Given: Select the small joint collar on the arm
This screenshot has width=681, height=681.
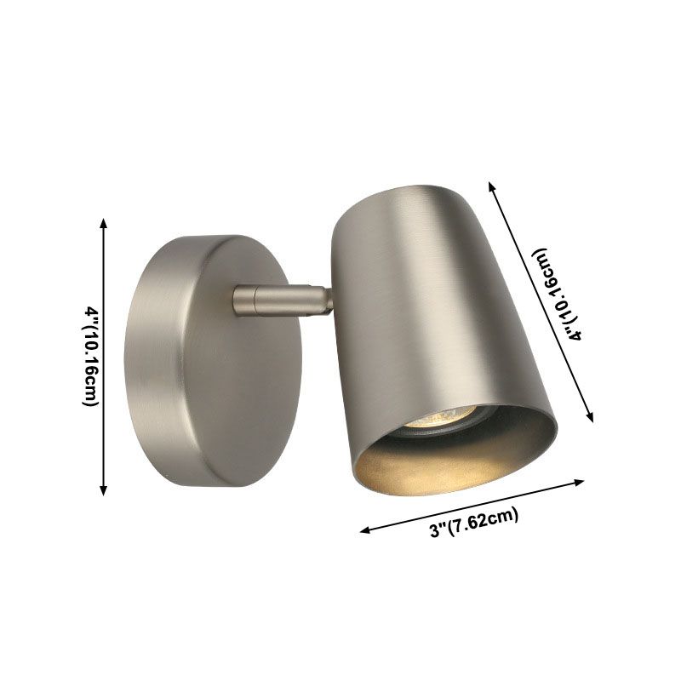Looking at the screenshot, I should point(245,299).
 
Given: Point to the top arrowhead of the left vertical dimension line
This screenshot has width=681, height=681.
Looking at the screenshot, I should point(104,223).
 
